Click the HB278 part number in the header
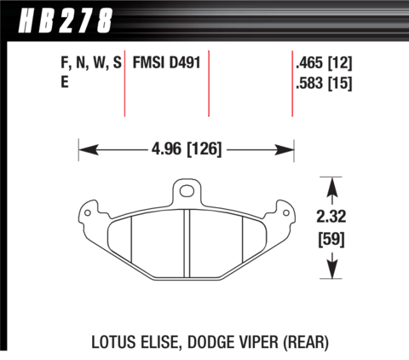[66, 20]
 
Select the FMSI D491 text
[167, 62]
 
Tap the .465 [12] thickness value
[324, 62]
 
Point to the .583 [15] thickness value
[324, 83]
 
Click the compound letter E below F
[65, 83]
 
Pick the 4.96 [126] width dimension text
[187, 149]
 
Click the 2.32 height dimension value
[331, 217]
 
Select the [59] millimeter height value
[331, 239]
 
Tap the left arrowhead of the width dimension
[89, 149]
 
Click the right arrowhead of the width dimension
[284, 149]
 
